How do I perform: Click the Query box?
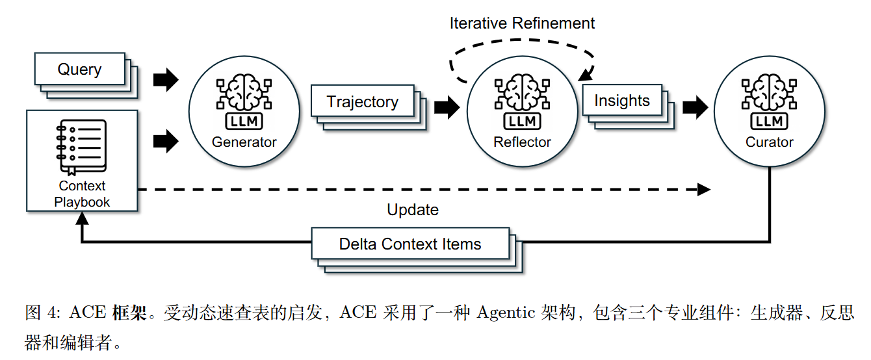pyautogui.click(x=79, y=70)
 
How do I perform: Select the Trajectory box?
pyautogui.click(x=362, y=102)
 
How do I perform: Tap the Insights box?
pyautogui.click(x=621, y=101)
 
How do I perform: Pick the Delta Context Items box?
pyautogui.click(x=410, y=244)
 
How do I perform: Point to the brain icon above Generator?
pyautogui.click(x=244, y=94)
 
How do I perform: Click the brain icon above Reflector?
pyautogui.click(x=522, y=94)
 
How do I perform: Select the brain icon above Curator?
pyautogui.click(x=769, y=94)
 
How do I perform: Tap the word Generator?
pyautogui.click(x=244, y=142)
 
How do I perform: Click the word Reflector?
pyautogui.click(x=522, y=142)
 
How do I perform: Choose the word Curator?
pyautogui.click(x=769, y=142)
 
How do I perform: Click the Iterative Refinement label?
pyautogui.click(x=522, y=23)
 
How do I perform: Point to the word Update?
pyautogui.click(x=413, y=210)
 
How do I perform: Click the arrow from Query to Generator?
pyautogui.click(x=166, y=80)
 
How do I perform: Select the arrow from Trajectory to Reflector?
pyautogui.click(x=447, y=107)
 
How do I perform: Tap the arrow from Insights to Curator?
pyautogui.click(x=695, y=107)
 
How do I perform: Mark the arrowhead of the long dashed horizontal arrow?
pyautogui.click(x=704, y=190)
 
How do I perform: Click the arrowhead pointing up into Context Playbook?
pyautogui.click(x=81, y=218)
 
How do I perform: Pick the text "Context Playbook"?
pyautogui.click(x=82, y=194)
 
